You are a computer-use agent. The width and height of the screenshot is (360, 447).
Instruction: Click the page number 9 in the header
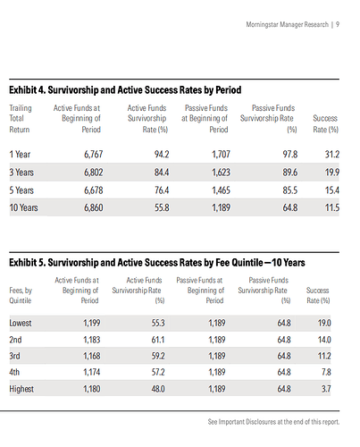click(x=336, y=25)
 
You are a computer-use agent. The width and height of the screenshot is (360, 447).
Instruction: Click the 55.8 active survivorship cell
click(x=162, y=207)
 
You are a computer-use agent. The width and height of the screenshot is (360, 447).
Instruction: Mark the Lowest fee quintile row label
click(x=23, y=323)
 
